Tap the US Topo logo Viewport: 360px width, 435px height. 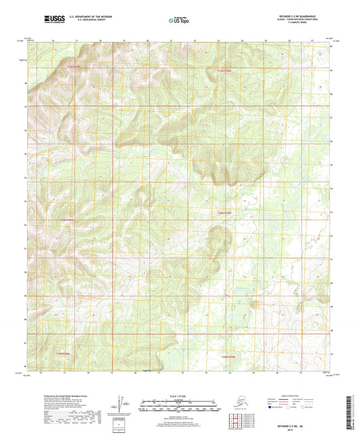[x=178, y=21]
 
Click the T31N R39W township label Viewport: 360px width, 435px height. [x=224, y=70]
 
